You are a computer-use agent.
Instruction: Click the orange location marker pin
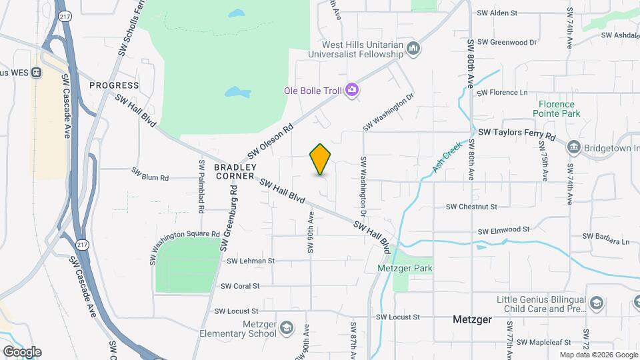click(320, 159)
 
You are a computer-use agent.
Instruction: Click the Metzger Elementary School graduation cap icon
click(286, 329)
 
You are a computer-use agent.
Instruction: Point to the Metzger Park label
click(405, 268)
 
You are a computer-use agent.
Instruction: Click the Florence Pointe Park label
click(557, 109)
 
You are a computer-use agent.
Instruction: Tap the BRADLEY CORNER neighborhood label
click(235, 171)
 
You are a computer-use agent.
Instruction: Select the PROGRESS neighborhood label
click(115, 85)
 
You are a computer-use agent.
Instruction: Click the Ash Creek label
click(447, 157)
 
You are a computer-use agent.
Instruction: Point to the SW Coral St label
click(240, 286)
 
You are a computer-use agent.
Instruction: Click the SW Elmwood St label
click(503, 229)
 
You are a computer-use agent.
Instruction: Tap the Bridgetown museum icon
click(573, 147)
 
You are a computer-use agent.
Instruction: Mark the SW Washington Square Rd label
click(184, 247)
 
